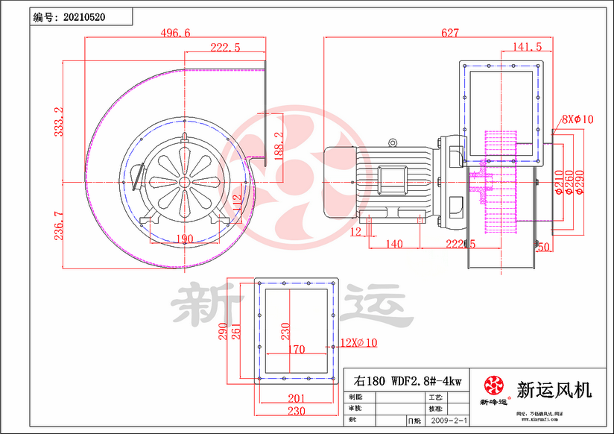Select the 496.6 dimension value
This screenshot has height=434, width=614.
coord(175,33)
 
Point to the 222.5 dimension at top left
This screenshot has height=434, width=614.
coord(225,47)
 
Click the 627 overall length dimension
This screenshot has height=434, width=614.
coord(450,33)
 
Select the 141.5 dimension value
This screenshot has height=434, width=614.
coord(527,47)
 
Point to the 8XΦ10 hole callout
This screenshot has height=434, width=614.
coord(577,119)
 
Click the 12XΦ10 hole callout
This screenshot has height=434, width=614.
coord(359,342)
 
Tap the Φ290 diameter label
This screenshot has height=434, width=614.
coord(580,181)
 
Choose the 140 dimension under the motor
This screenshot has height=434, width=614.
coord(394,244)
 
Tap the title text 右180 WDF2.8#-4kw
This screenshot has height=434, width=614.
coord(408,380)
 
